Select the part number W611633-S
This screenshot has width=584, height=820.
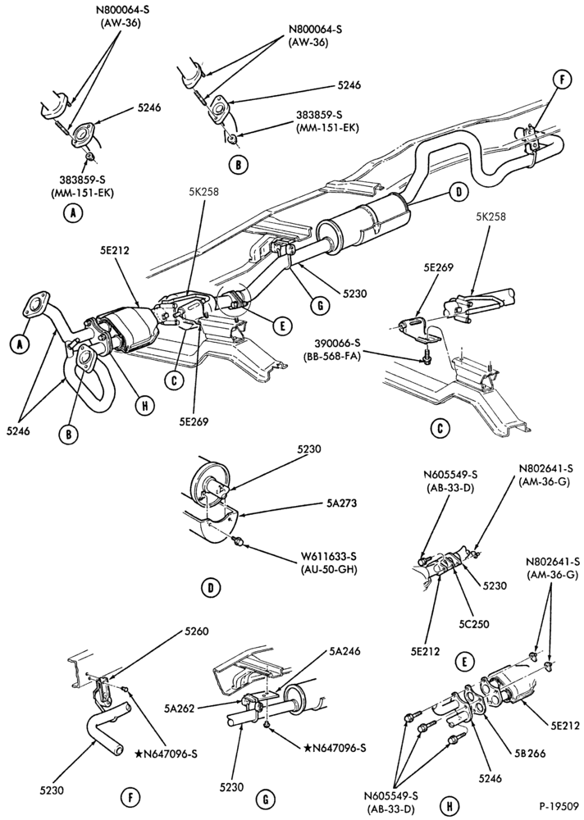click(x=333, y=557)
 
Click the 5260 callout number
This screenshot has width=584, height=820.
click(x=197, y=631)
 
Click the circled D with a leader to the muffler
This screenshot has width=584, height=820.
click(x=459, y=192)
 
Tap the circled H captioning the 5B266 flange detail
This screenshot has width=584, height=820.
click(x=447, y=803)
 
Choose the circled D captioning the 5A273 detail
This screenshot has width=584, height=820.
click(x=210, y=588)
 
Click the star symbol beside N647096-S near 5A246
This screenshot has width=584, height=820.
click(x=307, y=748)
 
